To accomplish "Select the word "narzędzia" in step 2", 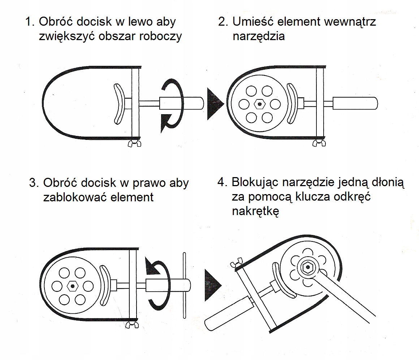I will (259, 37).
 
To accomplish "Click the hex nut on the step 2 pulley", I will (259, 104).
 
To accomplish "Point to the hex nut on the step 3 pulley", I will (73, 286).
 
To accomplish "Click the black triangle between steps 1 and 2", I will (215, 104).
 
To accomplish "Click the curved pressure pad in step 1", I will (117, 104).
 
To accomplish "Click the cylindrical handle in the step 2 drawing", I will (355, 104).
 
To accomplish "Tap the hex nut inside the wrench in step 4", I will (307, 268).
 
